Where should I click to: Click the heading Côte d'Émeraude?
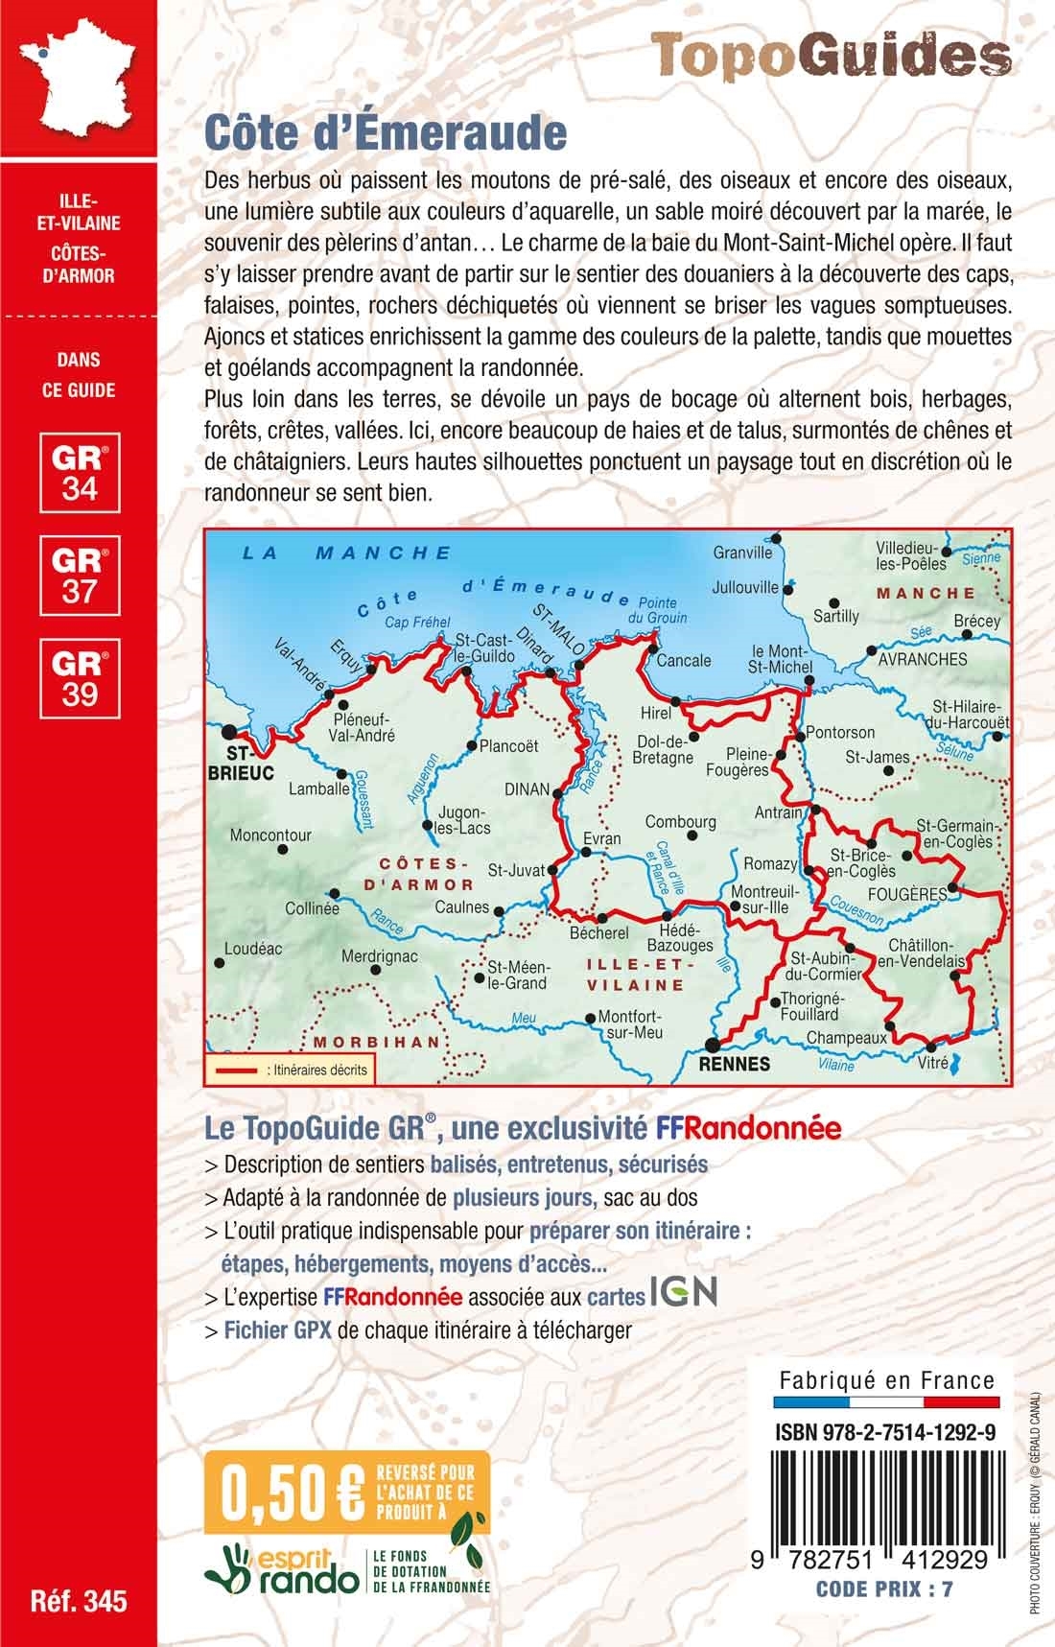point(386,133)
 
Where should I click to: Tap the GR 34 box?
point(80,472)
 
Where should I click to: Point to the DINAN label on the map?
point(527,789)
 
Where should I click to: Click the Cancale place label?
point(685,660)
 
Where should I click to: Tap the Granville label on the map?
point(742,553)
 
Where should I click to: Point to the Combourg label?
point(680,822)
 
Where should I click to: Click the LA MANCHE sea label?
point(346,553)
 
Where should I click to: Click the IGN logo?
point(684,1292)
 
